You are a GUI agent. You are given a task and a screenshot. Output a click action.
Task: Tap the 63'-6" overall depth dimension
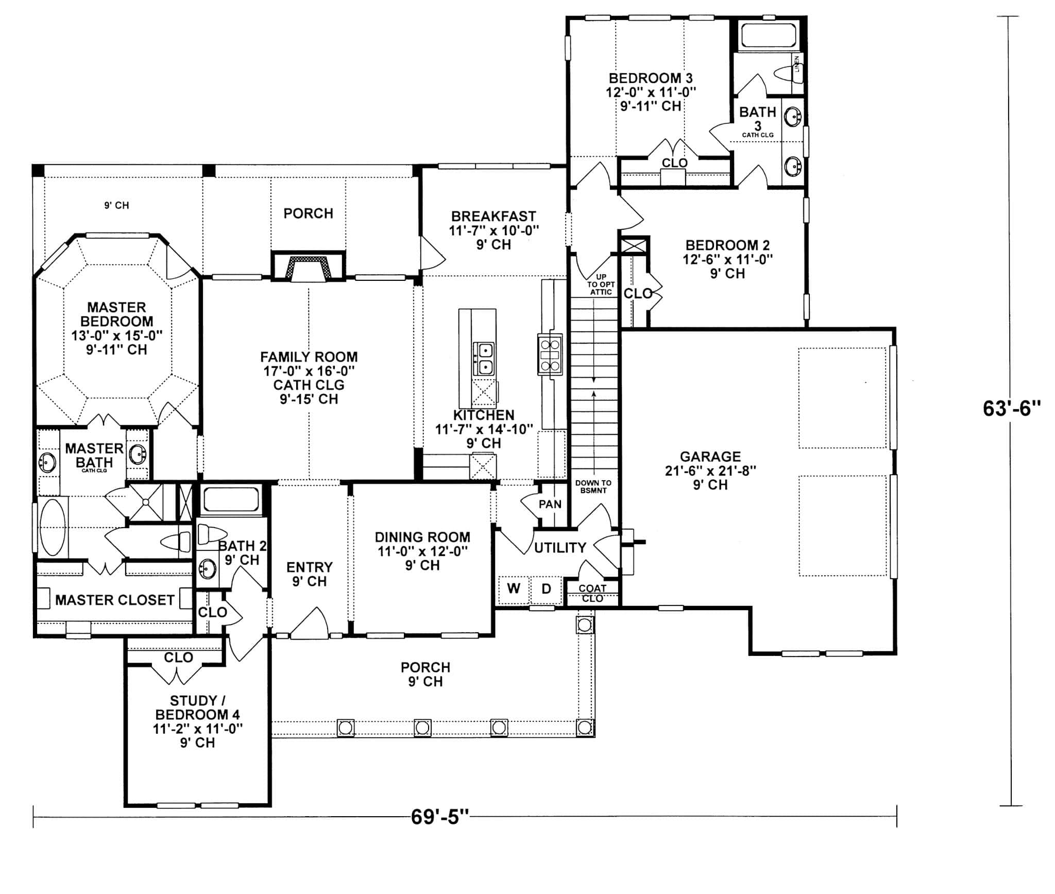[1012, 409]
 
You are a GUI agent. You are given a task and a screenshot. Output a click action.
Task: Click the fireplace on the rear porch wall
[308, 268]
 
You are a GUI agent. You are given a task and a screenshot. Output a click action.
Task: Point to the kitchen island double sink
[484, 359]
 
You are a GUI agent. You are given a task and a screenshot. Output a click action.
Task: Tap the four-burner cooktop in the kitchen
[549, 354]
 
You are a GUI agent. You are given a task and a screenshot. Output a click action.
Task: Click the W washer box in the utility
[513, 589]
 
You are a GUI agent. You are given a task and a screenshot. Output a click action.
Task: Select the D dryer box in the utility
[546, 589]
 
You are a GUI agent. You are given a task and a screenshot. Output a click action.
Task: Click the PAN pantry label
[550, 504]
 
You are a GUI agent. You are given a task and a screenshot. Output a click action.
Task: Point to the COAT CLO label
[592, 593]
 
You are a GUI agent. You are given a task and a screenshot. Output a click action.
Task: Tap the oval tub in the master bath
[53, 527]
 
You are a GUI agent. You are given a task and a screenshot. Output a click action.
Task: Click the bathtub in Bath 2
[231, 499]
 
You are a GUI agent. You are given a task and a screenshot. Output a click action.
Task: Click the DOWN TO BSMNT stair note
[593, 486]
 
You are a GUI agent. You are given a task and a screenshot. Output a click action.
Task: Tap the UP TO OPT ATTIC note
[601, 284]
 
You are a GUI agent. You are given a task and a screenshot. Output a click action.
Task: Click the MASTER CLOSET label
[114, 600]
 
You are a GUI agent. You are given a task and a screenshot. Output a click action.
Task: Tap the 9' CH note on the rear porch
[117, 205]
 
